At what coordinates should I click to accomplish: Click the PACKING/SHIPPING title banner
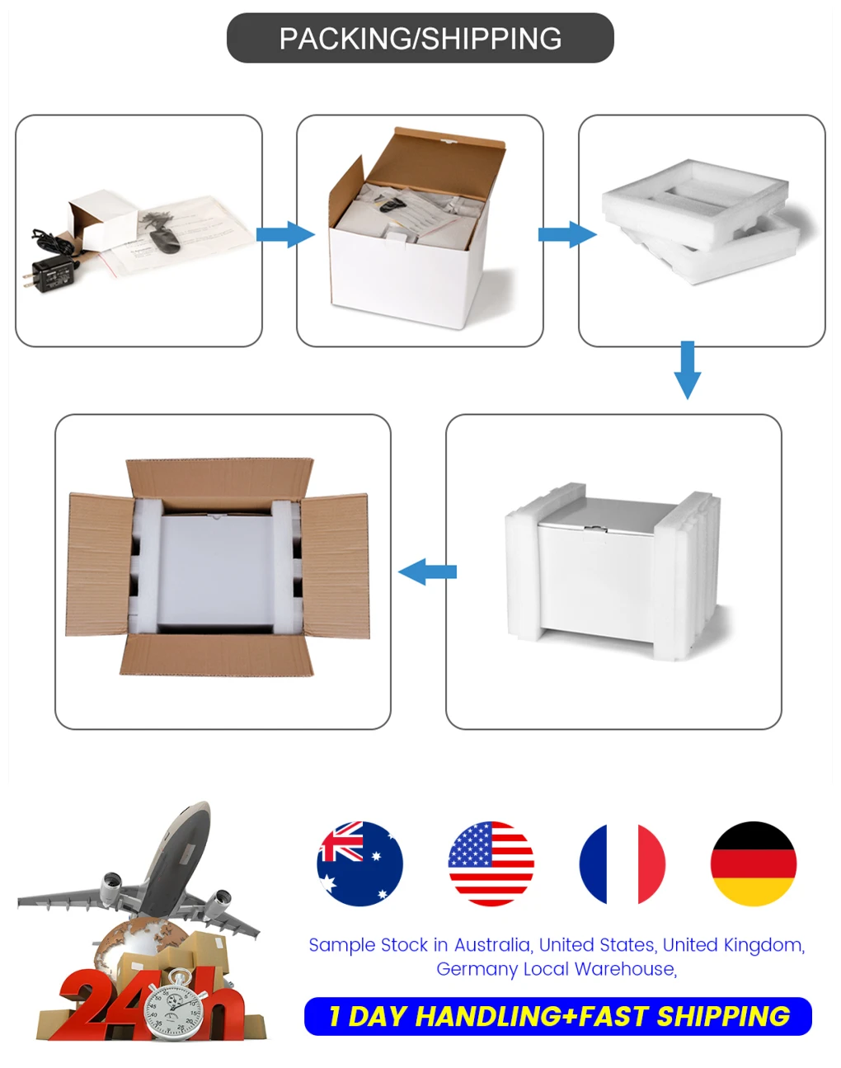(x=420, y=38)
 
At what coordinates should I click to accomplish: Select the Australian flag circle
(x=359, y=863)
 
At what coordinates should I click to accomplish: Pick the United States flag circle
(x=491, y=863)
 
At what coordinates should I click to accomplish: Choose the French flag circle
(x=622, y=863)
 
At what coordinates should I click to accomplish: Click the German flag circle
(x=753, y=863)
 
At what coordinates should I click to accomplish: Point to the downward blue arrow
(x=687, y=369)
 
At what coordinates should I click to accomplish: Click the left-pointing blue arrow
(x=427, y=572)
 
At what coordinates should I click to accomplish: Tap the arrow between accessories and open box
(x=284, y=234)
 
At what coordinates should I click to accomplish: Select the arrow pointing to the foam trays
(x=566, y=234)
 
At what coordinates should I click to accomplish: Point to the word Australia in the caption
(x=491, y=945)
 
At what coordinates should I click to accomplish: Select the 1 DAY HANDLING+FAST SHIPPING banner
(x=558, y=1016)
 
